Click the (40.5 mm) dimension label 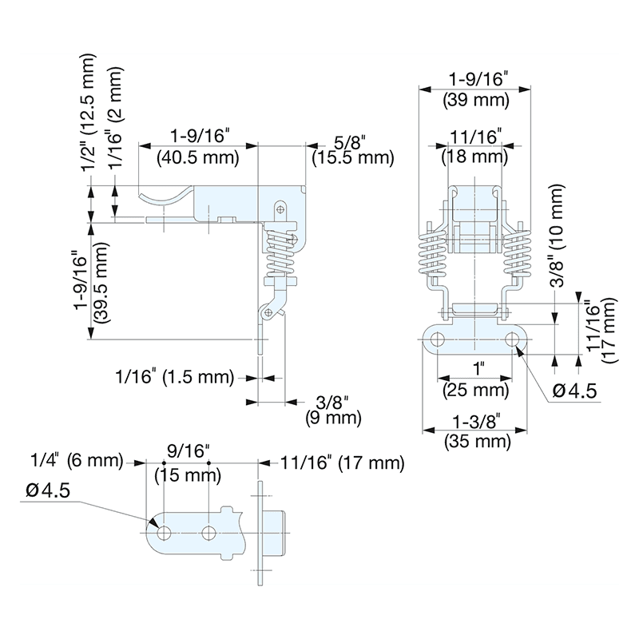198,157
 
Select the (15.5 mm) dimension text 352,157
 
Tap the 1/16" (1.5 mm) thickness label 173,375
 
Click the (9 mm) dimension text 332,417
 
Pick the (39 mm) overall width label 476,101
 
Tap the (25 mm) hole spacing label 476,390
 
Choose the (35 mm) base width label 476,441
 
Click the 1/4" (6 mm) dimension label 76,462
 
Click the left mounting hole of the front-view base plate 437,339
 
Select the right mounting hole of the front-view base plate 512,339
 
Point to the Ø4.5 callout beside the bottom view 48,490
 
